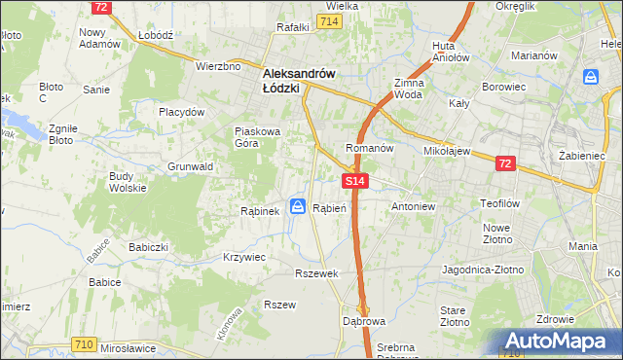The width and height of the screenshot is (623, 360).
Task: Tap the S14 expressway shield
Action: click(x=355, y=181)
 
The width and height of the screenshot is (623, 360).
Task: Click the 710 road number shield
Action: click(x=84, y=345)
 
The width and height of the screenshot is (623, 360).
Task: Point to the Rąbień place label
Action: click(x=329, y=207)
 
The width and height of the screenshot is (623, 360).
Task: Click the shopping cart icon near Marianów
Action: click(x=590, y=76)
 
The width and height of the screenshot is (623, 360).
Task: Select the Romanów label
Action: click(x=369, y=148)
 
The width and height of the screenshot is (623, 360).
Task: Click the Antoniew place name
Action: click(x=417, y=207)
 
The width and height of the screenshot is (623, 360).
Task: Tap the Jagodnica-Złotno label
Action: click(x=483, y=269)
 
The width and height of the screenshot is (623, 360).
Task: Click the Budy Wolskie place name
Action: click(x=128, y=182)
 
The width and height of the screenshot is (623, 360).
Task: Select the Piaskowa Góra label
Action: click(x=258, y=137)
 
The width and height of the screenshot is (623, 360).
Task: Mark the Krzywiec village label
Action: click(x=244, y=257)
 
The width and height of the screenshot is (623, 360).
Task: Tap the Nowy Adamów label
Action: click(x=99, y=37)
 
